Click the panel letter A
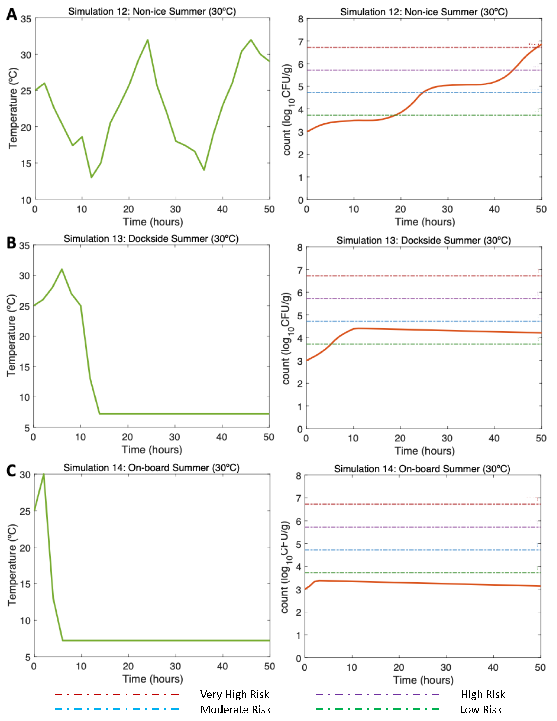(x=12, y=15)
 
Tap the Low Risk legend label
(x=481, y=709)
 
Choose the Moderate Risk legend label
(x=236, y=709)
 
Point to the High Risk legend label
(x=483, y=694)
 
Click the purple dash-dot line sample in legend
(x=377, y=694)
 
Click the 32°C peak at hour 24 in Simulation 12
(x=148, y=40)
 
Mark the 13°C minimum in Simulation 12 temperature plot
(x=92, y=178)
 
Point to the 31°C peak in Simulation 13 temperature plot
(x=62, y=269)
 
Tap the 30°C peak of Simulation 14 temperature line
(x=44, y=475)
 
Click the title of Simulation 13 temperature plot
(x=151, y=239)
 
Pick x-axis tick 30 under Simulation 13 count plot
(x=447, y=438)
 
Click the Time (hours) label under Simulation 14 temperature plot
(x=153, y=679)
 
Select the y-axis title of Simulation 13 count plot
(x=287, y=338)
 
